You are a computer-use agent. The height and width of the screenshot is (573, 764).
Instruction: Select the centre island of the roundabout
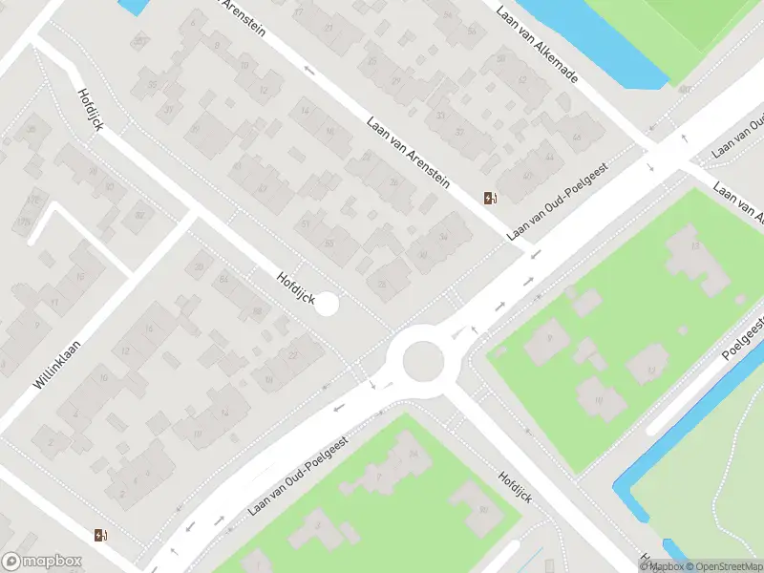423,362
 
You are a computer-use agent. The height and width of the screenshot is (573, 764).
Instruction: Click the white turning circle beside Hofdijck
327,305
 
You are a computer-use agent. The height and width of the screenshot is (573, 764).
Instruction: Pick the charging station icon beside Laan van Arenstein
490,198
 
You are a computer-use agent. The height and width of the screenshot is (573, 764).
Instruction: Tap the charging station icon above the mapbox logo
100,535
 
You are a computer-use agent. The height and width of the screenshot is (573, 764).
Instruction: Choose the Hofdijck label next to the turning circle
295,287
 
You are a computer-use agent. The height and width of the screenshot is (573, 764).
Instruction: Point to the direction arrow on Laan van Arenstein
308,70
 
